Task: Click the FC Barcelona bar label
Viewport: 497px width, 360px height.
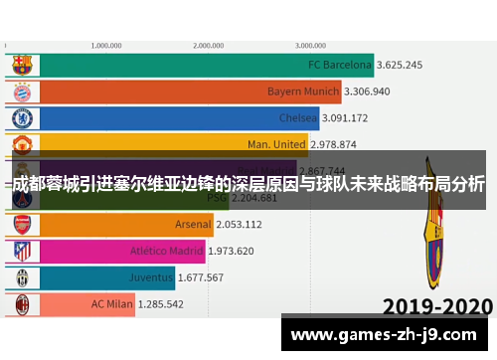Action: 340,66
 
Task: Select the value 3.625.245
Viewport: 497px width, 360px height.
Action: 400,66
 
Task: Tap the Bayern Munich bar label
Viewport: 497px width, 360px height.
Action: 303,91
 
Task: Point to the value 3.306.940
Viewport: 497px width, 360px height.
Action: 368,91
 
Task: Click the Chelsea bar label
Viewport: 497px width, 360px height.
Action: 298,118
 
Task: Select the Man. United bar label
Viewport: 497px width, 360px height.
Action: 276,144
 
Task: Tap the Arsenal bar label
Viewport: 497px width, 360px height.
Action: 193,225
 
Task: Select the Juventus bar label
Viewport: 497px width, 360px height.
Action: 151,277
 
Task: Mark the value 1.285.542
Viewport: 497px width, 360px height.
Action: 161,303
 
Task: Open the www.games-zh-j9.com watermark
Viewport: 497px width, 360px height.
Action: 385,333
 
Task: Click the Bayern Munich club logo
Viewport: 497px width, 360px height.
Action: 22,91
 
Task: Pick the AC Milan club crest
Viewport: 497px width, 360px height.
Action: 22,303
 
